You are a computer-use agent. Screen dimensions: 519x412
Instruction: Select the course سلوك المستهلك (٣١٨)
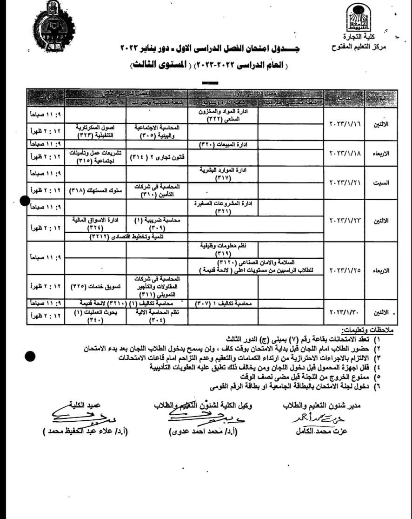pyautogui.click(x=91, y=190)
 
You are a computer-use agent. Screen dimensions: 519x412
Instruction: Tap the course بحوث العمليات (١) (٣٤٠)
pyautogui.click(x=91, y=317)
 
